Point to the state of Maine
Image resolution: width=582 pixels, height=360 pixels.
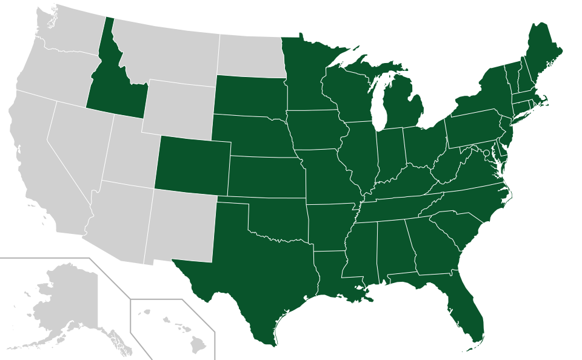tap(543, 52)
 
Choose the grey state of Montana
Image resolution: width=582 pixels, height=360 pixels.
tap(164, 52)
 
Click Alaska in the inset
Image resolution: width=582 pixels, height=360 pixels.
tap(64, 297)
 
